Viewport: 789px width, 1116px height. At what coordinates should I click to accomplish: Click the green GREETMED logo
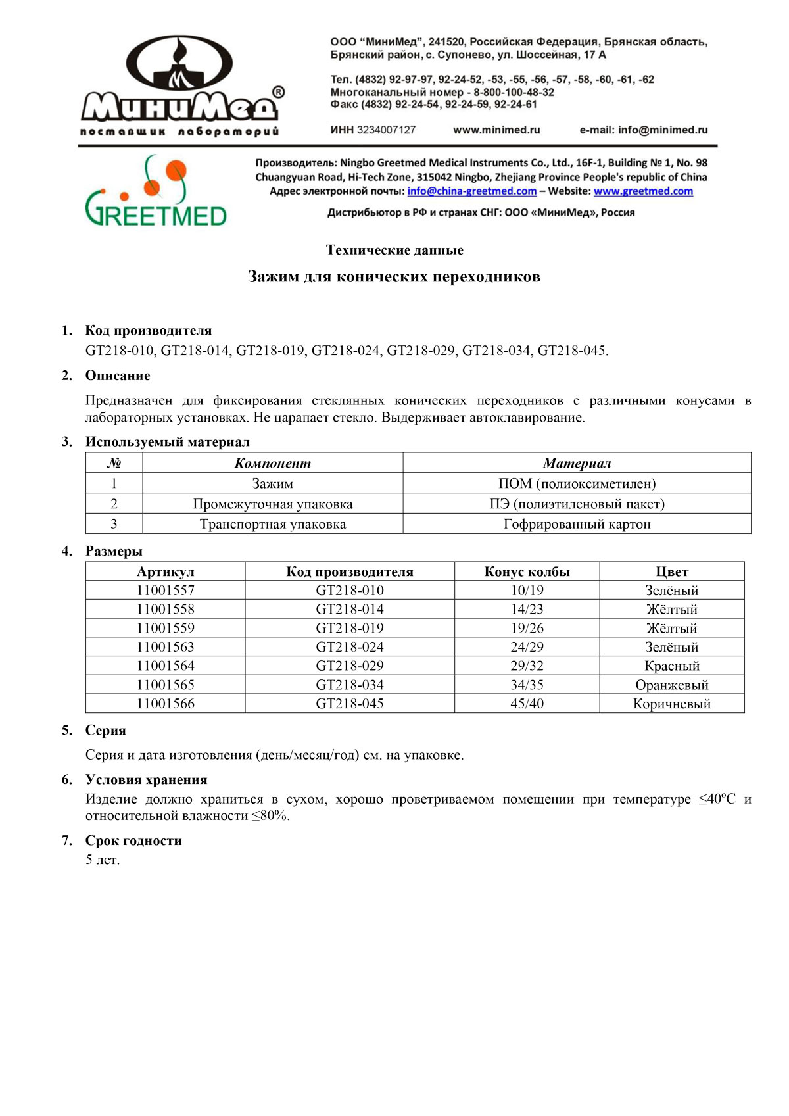156,191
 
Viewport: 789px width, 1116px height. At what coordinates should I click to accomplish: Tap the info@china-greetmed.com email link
471,191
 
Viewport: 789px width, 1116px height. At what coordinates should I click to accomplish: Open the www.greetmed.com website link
643,191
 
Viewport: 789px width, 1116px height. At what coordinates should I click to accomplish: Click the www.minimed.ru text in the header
496,130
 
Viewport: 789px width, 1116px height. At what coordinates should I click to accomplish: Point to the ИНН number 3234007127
386,130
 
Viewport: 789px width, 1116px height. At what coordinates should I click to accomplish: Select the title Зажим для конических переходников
394,277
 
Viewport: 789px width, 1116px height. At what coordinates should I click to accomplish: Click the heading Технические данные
394,250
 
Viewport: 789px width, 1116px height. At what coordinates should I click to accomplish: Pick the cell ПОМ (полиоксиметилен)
577,484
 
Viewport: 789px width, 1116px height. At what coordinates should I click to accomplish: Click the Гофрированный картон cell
577,524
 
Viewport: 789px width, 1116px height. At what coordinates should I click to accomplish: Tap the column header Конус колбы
527,571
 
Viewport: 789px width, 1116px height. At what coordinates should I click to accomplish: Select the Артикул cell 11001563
166,647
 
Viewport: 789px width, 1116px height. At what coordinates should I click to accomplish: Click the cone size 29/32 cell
527,666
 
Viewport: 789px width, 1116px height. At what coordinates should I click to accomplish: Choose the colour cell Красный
671,666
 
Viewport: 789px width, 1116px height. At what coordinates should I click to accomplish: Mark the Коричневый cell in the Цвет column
671,704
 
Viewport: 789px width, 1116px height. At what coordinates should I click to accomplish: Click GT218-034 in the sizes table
350,685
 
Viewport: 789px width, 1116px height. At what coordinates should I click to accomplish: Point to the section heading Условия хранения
146,780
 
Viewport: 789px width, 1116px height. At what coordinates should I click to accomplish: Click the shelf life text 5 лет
103,860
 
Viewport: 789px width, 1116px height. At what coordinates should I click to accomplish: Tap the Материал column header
577,464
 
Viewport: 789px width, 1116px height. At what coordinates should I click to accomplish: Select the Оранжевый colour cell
671,685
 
